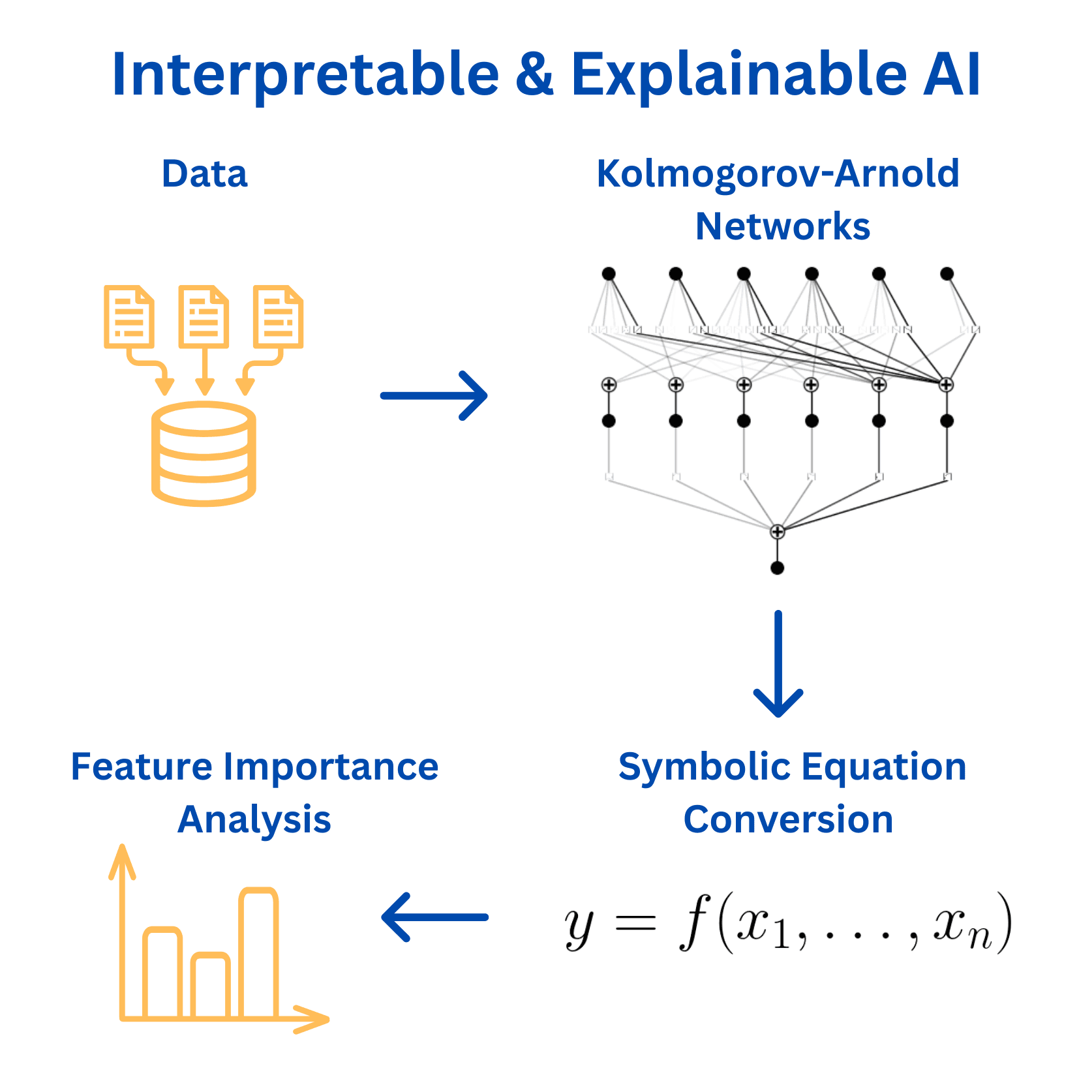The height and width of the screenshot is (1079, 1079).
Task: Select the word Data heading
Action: [x=204, y=174]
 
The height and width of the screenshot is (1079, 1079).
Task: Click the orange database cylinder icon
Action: [x=204, y=453]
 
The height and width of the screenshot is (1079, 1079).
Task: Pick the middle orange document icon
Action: [x=204, y=316]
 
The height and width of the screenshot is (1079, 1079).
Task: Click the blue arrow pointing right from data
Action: [x=434, y=395]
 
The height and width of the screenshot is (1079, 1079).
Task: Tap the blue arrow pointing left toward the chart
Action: [x=434, y=917]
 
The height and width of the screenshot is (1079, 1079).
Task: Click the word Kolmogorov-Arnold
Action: [x=778, y=174]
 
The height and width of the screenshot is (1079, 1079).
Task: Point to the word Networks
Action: [x=782, y=226]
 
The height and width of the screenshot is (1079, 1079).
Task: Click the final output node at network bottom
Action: [x=777, y=568]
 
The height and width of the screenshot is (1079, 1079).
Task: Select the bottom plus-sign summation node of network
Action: [x=777, y=532]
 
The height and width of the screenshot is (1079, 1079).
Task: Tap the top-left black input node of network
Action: [x=609, y=273]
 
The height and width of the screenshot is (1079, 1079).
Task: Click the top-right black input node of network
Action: [x=947, y=273]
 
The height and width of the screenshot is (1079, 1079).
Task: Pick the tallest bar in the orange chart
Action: [x=259, y=952]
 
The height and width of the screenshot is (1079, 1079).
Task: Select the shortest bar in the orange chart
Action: [x=210, y=985]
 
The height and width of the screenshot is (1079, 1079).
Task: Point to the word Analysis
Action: [x=254, y=820]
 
